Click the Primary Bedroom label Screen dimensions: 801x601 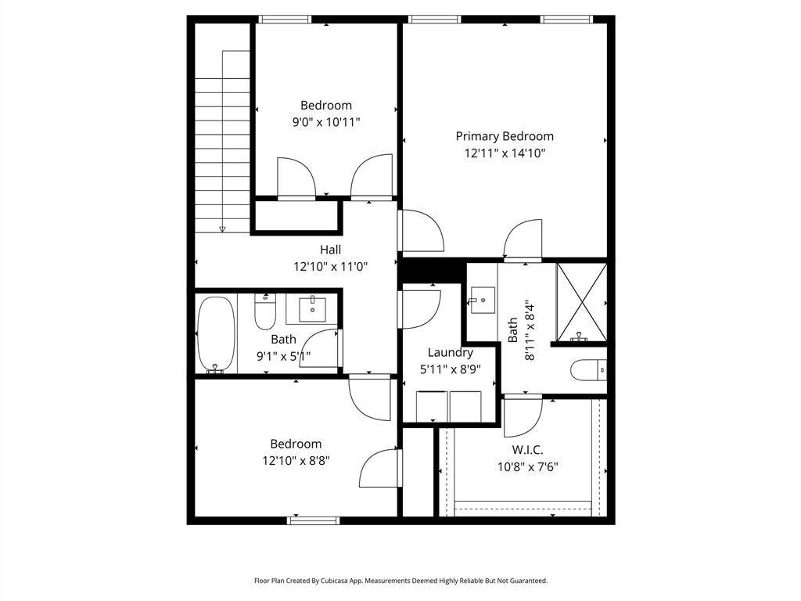pyautogui.click(x=505, y=136)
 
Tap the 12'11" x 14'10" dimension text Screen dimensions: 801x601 pyautogui.click(x=505, y=153)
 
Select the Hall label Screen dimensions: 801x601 pyautogui.click(x=331, y=250)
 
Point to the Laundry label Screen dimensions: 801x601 pyautogui.click(x=450, y=353)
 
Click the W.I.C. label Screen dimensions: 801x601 pyautogui.click(x=527, y=450)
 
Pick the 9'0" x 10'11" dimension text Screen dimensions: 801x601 pyautogui.click(x=326, y=122)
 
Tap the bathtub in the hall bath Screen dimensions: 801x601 pyautogui.click(x=216, y=335)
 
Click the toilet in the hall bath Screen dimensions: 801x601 pyautogui.click(x=265, y=311)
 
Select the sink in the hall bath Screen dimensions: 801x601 pyautogui.click(x=312, y=309)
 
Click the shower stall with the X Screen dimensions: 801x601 pyautogui.click(x=581, y=302)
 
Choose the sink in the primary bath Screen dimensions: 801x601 pyautogui.click(x=482, y=300)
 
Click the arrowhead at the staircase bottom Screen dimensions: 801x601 pyautogui.click(x=222, y=229)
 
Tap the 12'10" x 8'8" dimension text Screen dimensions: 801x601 pyautogui.click(x=296, y=460)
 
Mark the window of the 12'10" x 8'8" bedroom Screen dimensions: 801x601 pyautogui.click(x=313, y=520)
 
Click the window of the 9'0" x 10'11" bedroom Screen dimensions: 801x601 pyautogui.click(x=285, y=20)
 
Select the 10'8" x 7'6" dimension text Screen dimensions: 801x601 pyautogui.click(x=528, y=466)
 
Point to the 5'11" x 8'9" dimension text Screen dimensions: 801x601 pyautogui.click(x=450, y=369)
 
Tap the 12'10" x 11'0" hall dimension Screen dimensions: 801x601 pyautogui.click(x=331, y=267)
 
